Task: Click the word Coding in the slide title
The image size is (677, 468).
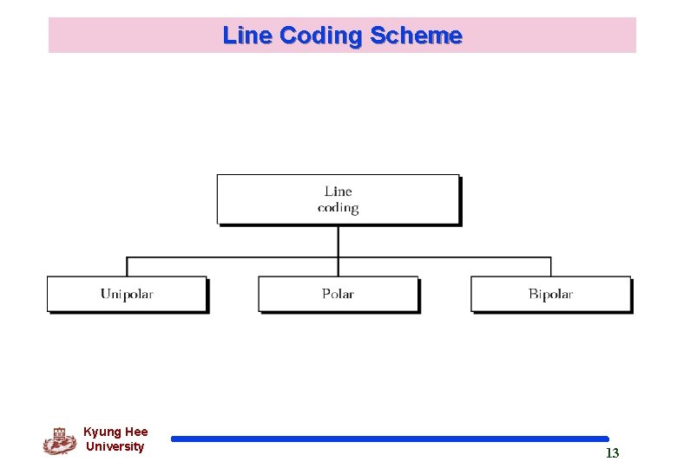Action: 319,36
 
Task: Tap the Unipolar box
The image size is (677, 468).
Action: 127,294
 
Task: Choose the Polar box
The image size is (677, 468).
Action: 338,294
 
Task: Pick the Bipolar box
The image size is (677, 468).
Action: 550,294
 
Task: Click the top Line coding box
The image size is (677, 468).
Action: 338,199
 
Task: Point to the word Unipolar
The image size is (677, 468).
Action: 127,294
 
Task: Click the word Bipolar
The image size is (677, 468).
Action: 550,294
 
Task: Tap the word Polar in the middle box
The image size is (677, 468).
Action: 338,294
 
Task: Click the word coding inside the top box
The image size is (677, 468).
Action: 338,208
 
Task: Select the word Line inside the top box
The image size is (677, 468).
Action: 338,191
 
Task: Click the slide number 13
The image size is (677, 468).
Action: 612,453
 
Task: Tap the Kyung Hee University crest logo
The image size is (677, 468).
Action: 59,440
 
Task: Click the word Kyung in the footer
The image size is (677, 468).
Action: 102,432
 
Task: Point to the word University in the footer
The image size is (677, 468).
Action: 115,446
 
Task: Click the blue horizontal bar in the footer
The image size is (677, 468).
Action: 390,439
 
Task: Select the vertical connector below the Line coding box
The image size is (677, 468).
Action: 338,241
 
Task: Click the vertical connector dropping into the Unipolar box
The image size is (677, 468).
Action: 127,266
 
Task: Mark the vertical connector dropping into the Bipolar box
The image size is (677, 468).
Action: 550,266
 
